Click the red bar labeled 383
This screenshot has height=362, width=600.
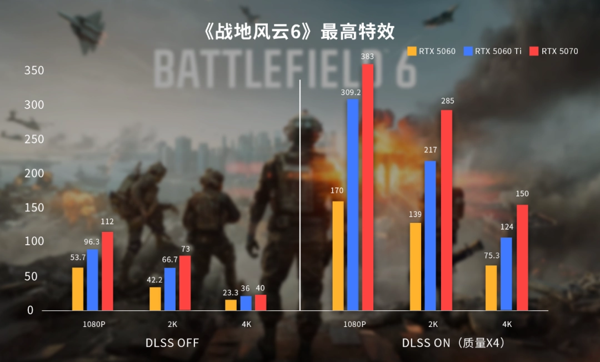point(368,187)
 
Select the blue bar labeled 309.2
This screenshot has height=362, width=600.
point(353,204)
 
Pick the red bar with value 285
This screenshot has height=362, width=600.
point(447,210)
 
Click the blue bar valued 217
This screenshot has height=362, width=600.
point(431,235)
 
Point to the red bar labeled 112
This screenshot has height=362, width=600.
point(107,271)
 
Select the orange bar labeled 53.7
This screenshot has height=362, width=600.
point(78,289)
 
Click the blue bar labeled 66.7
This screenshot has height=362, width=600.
point(170,289)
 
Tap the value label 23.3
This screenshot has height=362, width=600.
point(231,292)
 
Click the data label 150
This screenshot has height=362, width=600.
point(522,194)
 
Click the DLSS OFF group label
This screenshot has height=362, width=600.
point(172,343)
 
